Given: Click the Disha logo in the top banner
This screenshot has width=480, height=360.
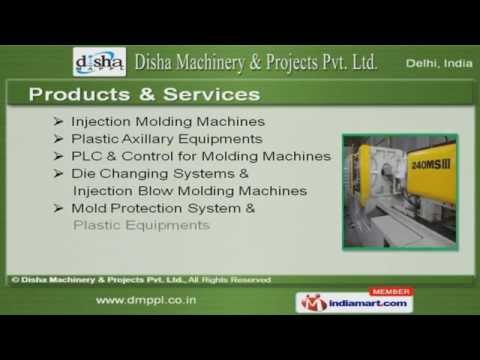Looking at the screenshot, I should tap(99, 62).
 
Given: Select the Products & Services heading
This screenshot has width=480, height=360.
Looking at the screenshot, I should tap(144, 95).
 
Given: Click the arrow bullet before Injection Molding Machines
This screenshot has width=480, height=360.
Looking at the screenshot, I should tap(60, 121).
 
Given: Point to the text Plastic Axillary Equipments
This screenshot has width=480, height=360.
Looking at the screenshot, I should tap(167, 139).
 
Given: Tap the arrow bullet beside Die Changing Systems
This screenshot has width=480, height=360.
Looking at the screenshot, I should tap(60, 174).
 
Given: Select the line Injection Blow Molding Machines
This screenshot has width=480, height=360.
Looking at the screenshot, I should tap(190, 191).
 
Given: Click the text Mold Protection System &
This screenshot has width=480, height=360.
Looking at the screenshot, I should tap(163, 208).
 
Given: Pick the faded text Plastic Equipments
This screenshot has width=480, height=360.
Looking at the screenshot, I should tap(141, 225).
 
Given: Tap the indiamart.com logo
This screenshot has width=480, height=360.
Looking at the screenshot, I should tap(356, 302).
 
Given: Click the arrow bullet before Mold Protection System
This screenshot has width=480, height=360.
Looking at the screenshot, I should tap(60, 208).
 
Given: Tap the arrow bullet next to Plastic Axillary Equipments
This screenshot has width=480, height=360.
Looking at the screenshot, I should tap(60, 139).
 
